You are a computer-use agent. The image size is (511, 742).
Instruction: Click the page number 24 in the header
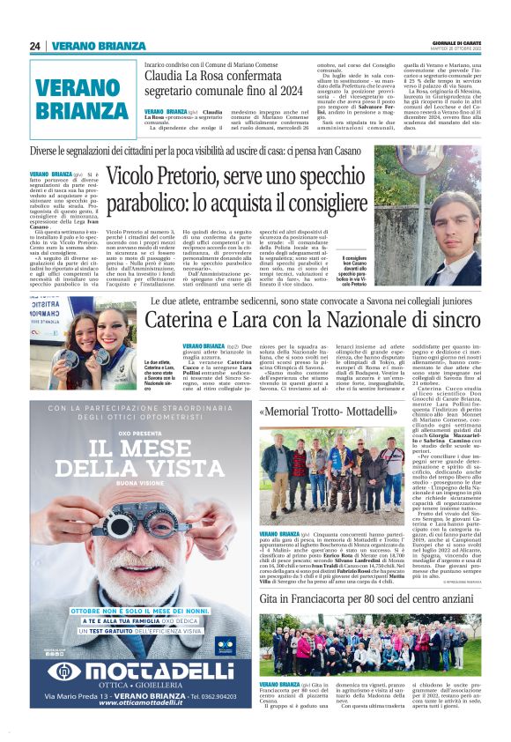pyautogui.click(x=34, y=47)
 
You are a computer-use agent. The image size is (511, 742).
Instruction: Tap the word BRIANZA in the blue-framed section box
pyautogui.click(x=83, y=111)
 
